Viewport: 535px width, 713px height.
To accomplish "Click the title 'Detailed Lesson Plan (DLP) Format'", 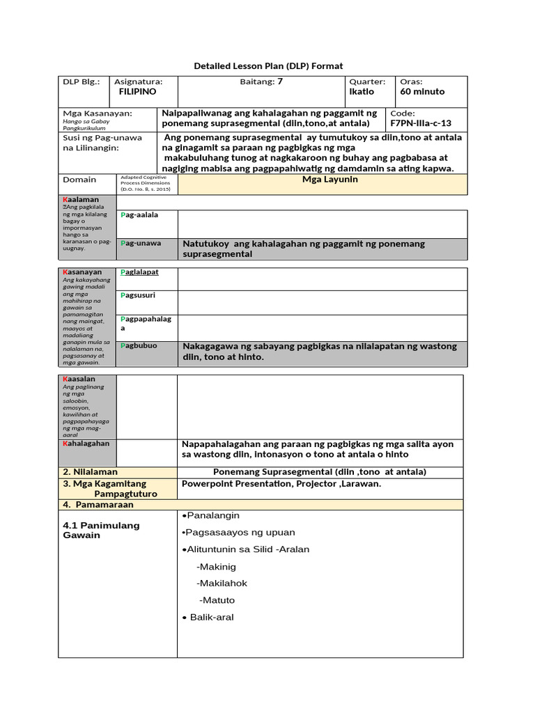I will click(x=267, y=65).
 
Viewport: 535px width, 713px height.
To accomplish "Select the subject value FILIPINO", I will click(x=138, y=92).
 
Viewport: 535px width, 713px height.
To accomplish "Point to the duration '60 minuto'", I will click(x=422, y=92).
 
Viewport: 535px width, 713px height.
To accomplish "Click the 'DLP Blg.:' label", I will click(x=81, y=81).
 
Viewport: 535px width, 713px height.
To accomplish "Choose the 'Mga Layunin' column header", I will click(x=321, y=180).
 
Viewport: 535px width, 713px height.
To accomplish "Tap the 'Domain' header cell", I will click(x=79, y=180).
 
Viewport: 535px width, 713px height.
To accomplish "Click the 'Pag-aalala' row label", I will click(x=139, y=215).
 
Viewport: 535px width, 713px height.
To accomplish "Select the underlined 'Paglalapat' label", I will click(x=139, y=272).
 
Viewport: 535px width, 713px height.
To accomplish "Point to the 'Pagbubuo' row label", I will click(x=139, y=345).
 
